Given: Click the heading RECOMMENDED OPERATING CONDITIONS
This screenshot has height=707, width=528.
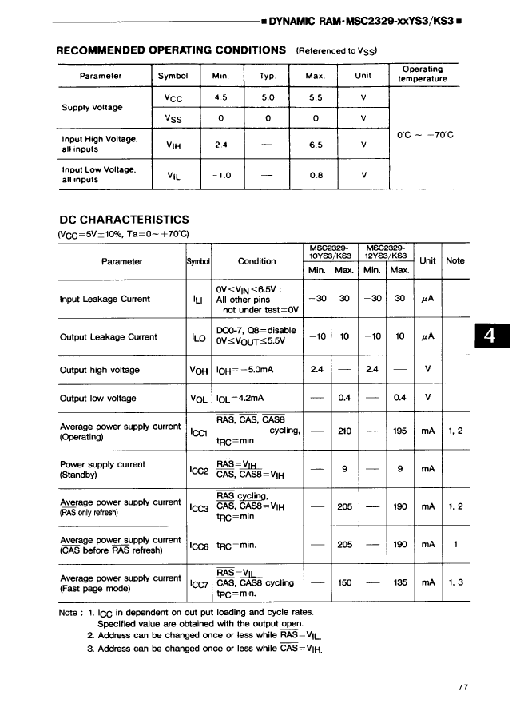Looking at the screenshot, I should coord(170,50).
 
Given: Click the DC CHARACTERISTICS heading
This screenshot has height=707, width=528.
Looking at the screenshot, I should coord(124,219).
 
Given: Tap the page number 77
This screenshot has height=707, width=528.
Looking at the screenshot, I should coord(464,686).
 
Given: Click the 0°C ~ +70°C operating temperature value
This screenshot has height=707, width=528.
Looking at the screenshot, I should coord(424,135).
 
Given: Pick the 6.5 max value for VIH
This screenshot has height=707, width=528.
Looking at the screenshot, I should coord(316,145).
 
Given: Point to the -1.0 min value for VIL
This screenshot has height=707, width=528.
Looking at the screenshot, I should coord(222,174).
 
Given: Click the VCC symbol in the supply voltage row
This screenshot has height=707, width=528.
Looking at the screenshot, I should coord(173,98).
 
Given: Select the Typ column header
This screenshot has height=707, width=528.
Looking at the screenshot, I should coord(268,76).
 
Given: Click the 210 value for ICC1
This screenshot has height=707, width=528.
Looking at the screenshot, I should coord(345,431).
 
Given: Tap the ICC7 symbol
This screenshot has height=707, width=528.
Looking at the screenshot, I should coord(199,584).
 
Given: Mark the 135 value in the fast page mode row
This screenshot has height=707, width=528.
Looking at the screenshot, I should coord(400,583).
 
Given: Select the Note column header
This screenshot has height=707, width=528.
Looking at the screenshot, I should coord(455,260).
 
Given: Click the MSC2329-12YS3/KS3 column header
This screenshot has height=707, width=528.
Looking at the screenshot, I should coord(387,252).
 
